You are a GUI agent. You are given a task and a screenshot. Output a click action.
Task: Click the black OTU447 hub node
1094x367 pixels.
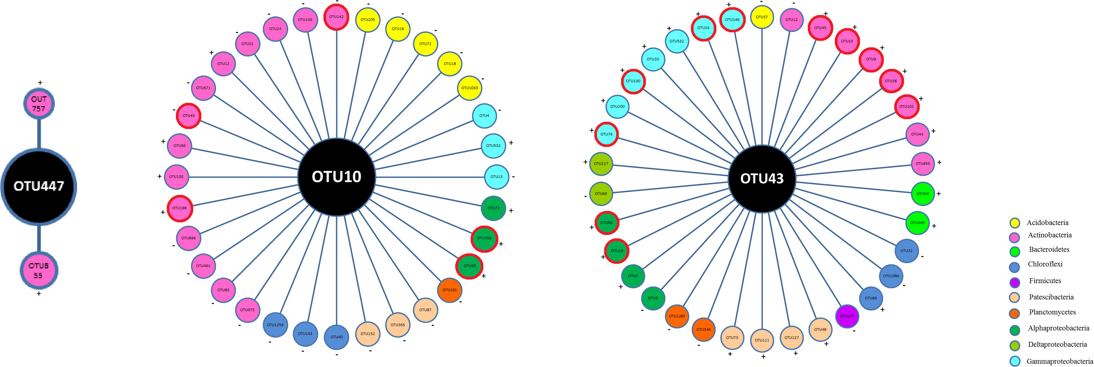click(x=39, y=186)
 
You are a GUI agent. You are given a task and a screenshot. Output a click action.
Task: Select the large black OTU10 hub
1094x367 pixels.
click(x=336, y=177)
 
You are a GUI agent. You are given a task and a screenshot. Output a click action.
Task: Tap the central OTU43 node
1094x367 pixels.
click(x=761, y=178)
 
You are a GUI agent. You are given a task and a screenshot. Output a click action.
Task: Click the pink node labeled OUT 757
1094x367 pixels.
click(x=39, y=104)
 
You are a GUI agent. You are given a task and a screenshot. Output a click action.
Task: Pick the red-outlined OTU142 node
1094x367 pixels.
click(x=336, y=17)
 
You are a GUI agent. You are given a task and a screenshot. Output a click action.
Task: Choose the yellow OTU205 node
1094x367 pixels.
click(x=367, y=20)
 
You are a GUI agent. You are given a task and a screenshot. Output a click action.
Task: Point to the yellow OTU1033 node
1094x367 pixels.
click(x=469, y=88)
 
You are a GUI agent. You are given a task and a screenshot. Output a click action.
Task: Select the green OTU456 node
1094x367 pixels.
click(x=484, y=238)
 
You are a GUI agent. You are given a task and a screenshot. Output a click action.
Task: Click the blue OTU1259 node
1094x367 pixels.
click(x=275, y=325)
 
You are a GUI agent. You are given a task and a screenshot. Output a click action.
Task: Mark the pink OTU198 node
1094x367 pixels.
click(x=180, y=208)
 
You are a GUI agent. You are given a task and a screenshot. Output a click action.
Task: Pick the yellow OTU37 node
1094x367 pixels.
click(x=761, y=17)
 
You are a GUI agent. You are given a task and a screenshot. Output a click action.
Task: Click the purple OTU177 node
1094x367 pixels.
click(x=847, y=316)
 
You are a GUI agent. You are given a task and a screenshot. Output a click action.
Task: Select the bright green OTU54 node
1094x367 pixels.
click(x=922, y=194)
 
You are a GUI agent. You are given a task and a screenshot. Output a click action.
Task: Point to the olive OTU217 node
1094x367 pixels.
click(x=601, y=164)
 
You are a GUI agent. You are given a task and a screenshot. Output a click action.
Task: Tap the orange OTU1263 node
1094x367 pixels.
click(x=677, y=316)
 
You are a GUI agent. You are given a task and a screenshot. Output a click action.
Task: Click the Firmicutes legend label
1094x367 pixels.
click(x=1045, y=281)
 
